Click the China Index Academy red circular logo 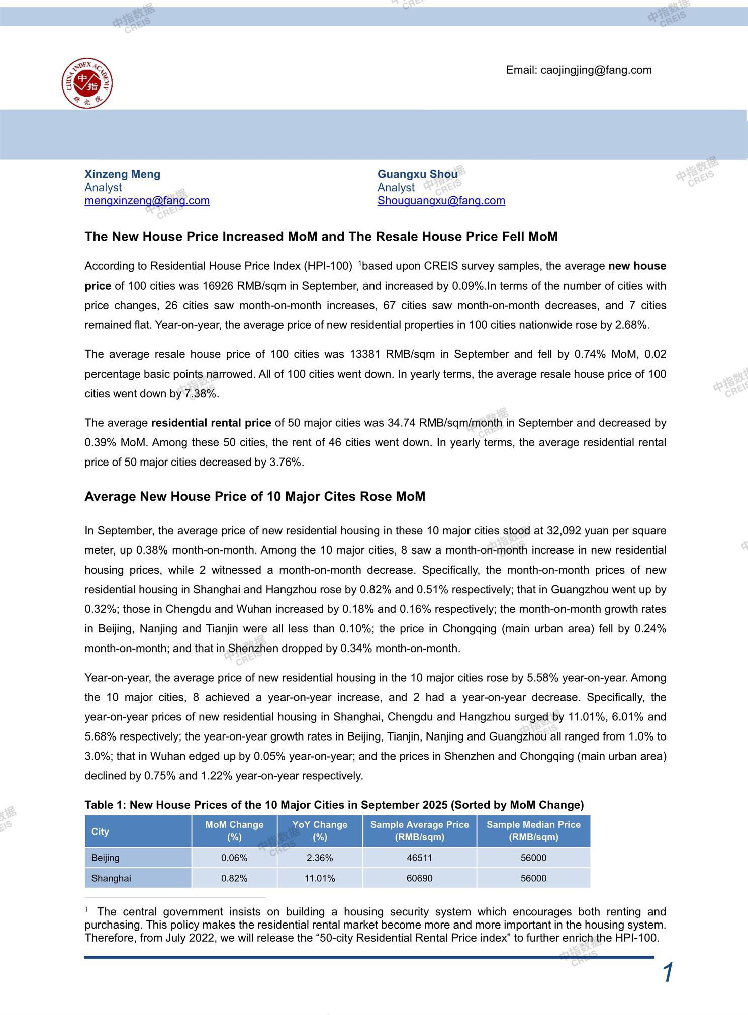87,83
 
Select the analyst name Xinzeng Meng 122,174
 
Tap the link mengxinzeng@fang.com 147,201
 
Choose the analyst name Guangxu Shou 417,174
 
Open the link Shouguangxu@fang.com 441,201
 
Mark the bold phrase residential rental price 211,423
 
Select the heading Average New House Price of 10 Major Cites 254,497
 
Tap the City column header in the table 100,832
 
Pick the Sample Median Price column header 533,831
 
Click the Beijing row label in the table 106,858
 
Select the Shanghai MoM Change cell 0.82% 234,878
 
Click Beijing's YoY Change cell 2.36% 320,858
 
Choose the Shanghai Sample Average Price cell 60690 419,878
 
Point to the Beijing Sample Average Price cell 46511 419,858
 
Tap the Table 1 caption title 334,805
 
